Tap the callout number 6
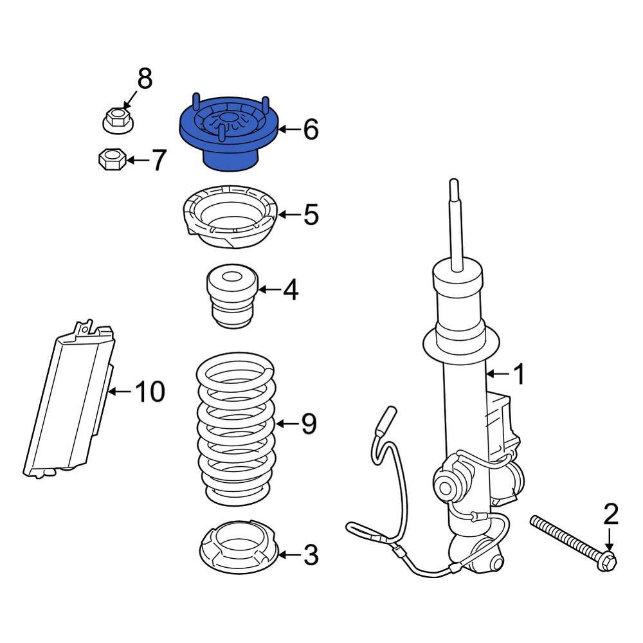(x=310, y=130)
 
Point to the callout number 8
(x=145, y=80)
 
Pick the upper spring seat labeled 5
(x=230, y=219)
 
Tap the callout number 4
(x=291, y=290)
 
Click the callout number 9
(x=309, y=424)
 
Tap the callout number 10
(x=149, y=391)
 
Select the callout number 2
(x=610, y=514)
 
